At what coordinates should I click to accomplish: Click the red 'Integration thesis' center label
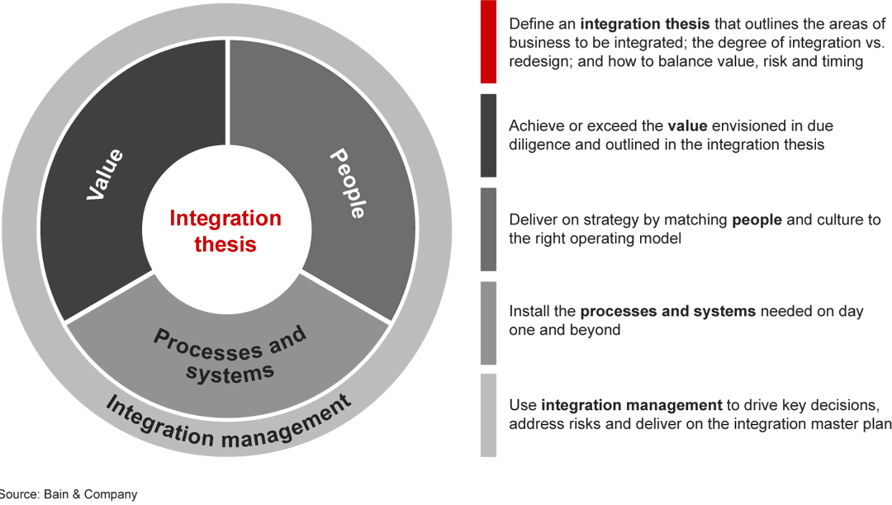(x=225, y=232)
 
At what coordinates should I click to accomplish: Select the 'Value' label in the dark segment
(x=106, y=174)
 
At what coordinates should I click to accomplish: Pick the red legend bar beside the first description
(x=488, y=42)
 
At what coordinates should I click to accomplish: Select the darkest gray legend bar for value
(x=488, y=135)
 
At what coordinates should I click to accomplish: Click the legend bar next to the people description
(x=488, y=229)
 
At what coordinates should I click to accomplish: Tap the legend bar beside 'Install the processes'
(x=488, y=323)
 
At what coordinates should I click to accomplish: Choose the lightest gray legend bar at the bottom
(x=488, y=415)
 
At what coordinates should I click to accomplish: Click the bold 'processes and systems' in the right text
(x=667, y=312)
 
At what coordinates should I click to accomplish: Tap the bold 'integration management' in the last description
(x=631, y=405)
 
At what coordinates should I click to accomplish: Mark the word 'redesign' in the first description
(x=537, y=61)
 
